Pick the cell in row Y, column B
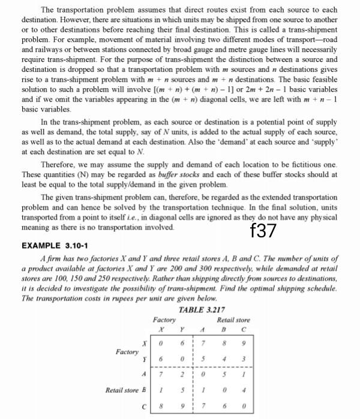pos(223,358)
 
